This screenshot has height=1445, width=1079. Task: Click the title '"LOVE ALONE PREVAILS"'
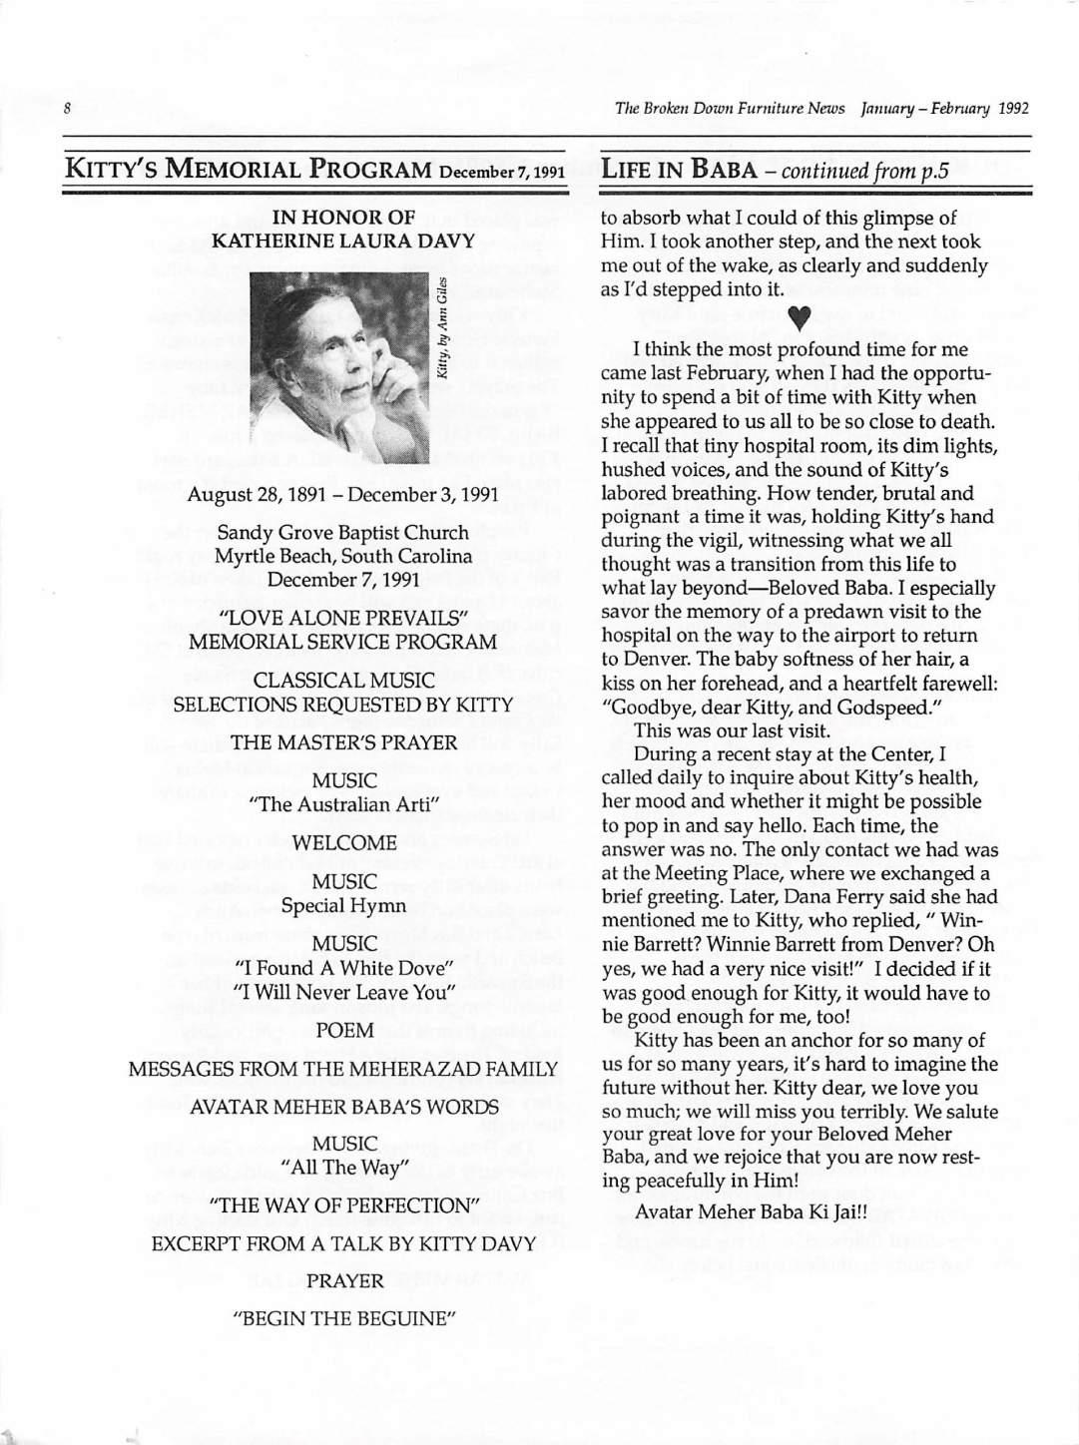(344, 618)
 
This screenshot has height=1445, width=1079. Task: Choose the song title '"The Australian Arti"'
(344, 803)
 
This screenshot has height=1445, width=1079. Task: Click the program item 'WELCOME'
(344, 843)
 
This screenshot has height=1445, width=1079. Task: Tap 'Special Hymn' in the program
(344, 905)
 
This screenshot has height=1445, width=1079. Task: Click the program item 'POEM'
(344, 1030)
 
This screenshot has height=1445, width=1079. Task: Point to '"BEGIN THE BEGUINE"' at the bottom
(344, 1318)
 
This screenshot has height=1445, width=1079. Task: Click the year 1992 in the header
(1010, 108)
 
